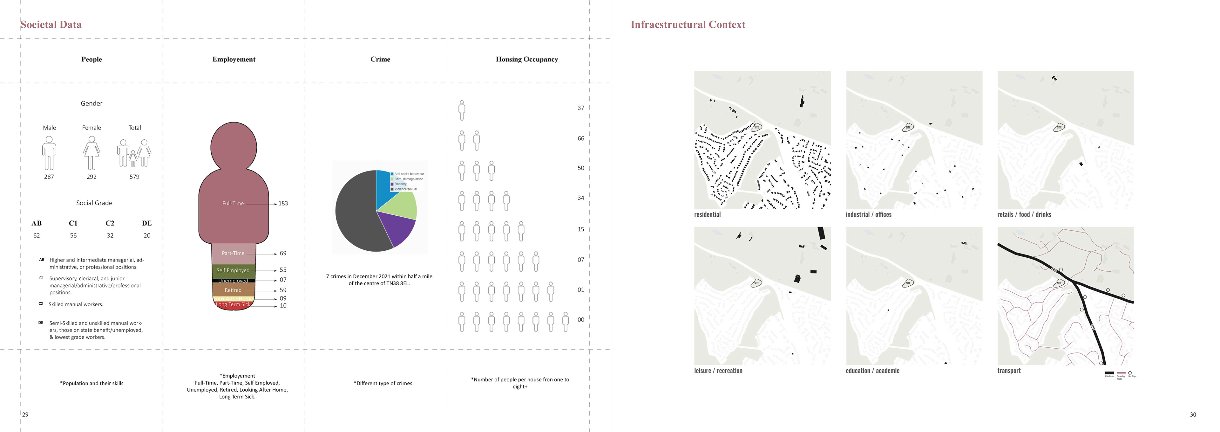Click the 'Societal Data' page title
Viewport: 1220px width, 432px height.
51,25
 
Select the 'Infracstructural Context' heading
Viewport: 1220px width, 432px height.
688,25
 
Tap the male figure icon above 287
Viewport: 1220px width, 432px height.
49,153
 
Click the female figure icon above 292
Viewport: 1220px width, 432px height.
91,153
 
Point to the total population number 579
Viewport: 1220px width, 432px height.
134,177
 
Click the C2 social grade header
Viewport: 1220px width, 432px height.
110,223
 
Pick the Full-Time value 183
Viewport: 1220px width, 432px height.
283,203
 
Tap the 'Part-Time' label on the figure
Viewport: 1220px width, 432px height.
233,253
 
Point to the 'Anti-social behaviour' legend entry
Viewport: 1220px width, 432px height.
409,174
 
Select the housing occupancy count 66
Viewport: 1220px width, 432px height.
581,138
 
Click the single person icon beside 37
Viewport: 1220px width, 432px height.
462,110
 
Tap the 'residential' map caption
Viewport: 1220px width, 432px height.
707,214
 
